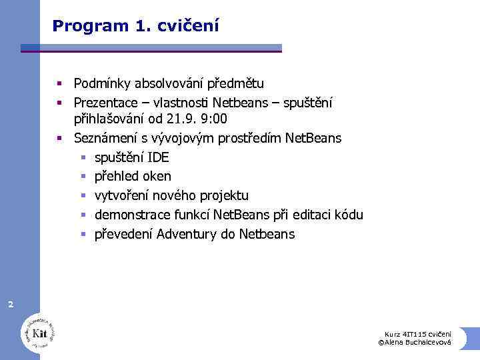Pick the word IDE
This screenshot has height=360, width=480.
(x=158, y=157)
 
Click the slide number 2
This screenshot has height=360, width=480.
(x=10, y=305)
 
